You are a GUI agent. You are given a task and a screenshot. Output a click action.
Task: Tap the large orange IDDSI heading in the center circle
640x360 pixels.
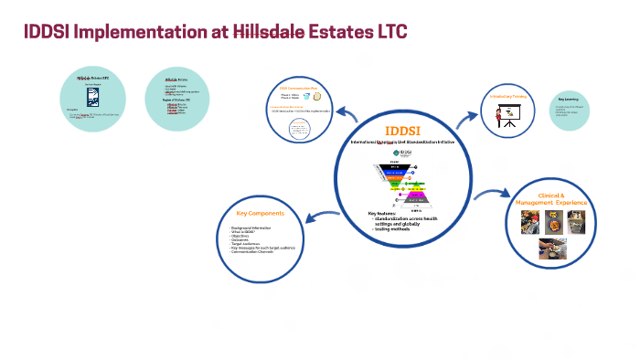click(x=402, y=129)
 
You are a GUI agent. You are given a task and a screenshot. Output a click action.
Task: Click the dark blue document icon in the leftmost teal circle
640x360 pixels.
click(x=91, y=97)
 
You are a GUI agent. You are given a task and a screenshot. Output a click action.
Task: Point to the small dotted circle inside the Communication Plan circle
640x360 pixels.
click(x=297, y=130)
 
